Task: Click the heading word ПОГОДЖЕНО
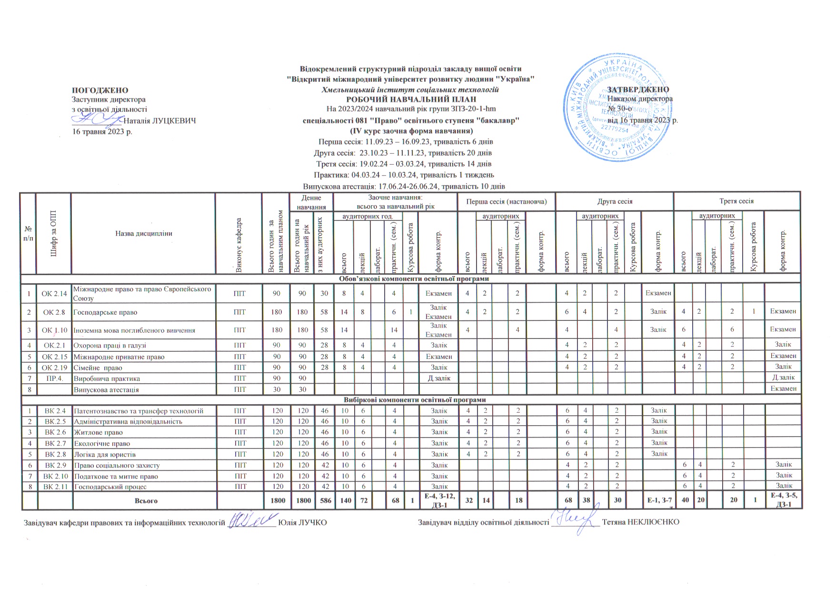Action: point(100,90)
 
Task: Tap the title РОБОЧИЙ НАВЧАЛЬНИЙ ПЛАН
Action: point(411,100)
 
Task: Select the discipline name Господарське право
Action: point(105,312)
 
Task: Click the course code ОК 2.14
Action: point(54,294)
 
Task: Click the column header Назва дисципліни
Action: point(143,233)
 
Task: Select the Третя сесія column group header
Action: point(736,201)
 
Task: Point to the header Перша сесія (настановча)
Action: point(507,201)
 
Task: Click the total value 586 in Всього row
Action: point(324,500)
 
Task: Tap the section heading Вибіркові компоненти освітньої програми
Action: point(411,400)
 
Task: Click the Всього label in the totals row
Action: point(146,501)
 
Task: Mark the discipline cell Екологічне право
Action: point(102,443)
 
